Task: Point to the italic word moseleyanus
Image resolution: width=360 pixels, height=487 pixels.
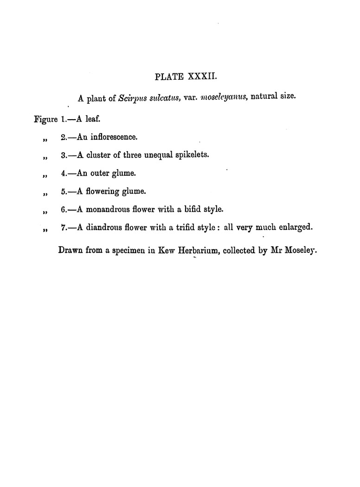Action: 223,98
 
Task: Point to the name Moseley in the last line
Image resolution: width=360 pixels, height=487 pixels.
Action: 300,251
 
